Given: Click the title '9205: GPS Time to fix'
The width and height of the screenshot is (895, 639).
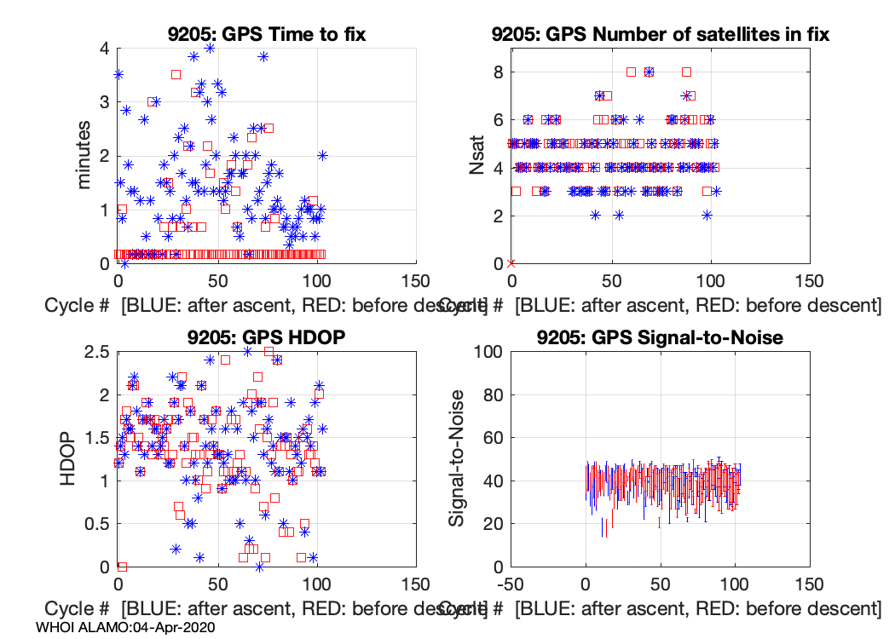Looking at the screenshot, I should tap(266, 35).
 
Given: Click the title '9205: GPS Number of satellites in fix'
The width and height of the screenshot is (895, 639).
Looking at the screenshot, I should tap(661, 35).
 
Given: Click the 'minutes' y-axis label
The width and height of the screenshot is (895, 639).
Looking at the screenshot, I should tap(84, 155).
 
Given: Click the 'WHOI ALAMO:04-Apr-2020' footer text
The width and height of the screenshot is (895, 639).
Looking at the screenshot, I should tap(125, 626).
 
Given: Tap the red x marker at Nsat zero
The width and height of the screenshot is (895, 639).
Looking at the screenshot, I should tap(511, 263).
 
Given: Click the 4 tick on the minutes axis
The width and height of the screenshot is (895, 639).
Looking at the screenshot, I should tap(105, 48).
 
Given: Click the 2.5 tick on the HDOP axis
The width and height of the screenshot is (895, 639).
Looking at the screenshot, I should tap(96, 351).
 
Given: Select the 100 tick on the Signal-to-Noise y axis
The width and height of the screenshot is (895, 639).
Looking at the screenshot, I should tap(486, 351).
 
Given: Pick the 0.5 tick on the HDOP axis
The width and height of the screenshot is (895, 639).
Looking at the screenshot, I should tap(96, 523).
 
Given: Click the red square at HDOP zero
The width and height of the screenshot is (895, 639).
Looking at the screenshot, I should tap(122, 566).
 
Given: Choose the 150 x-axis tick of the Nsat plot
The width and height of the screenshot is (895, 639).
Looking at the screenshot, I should tap(808, 281).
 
